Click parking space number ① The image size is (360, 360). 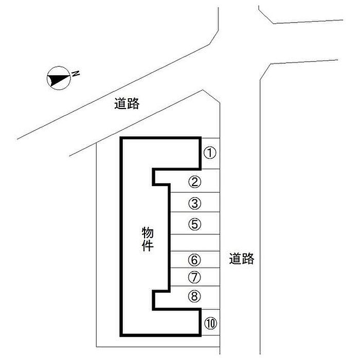(210, 153)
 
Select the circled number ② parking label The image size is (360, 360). (195, 182)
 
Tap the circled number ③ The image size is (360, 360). (195, 203)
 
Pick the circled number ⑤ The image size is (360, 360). (195, 224)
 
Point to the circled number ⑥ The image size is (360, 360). (194, 260)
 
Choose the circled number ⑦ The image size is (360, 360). (194, 277)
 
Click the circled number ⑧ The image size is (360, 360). (194, 296)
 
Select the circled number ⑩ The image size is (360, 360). (210, 323)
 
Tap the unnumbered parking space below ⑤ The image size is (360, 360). (195, 243)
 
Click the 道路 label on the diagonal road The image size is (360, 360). (127, 103)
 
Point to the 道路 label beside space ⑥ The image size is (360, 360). (242, 259)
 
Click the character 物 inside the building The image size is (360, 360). (148, 232)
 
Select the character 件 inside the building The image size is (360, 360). (148, 245)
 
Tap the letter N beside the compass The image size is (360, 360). (76, 74)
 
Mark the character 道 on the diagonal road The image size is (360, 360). (120, 103)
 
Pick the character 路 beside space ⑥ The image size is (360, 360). (248, 259)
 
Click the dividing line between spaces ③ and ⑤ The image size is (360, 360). (195, 212)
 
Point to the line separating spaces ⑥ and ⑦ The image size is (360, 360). (195, 268)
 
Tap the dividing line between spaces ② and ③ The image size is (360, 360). (195, 192)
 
